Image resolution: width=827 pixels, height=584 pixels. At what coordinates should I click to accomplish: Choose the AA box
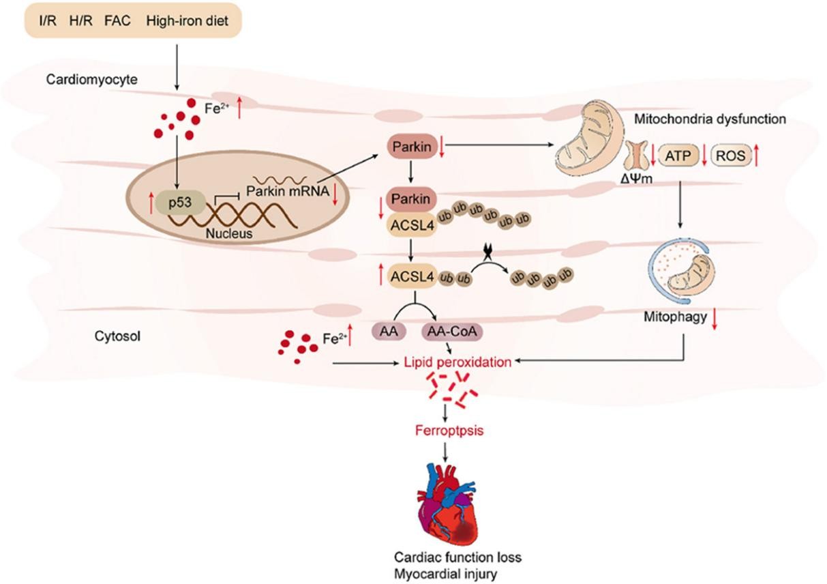tap(385, 331)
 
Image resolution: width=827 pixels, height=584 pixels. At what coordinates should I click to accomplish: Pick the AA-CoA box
tap(450, 331)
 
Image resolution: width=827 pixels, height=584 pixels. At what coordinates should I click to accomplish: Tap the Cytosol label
tap(114, 335)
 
